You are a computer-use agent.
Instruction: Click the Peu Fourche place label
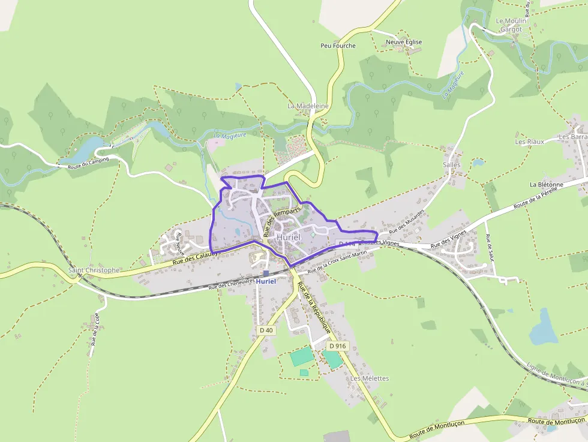(x=338, y=46)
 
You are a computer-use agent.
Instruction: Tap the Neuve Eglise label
(x=404, y=42)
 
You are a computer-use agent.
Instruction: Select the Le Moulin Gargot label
(x=511, y=25)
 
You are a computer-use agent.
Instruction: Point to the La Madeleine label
(x=308, y=106)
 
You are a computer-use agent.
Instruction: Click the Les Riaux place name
(x=529, y=142)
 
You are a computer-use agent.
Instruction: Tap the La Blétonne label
(x=546, y=185)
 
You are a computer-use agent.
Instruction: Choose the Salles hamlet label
(x=451, y=164)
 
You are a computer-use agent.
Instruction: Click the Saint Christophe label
(x=94, y=270)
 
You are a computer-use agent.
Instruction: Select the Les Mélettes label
(x=370, y=378)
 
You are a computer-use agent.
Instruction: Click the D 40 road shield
(x=266, y=330)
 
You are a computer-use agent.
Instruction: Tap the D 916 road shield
(x=338, y=346)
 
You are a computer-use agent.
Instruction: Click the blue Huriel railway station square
(x=266, y=273)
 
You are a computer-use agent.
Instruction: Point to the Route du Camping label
(x=88, y=160)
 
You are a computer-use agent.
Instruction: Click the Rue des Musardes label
(x=407, y=222)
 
